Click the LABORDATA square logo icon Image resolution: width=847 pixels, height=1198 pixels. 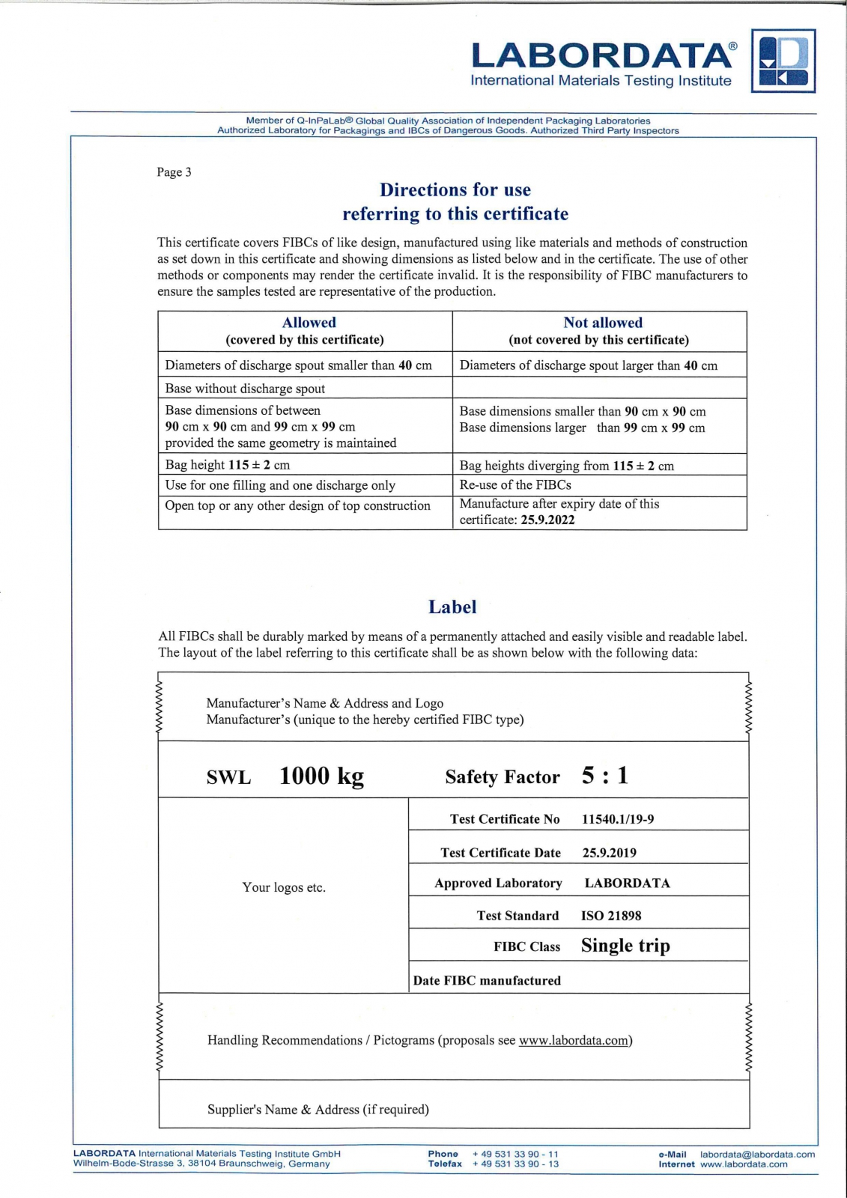click(783, 61)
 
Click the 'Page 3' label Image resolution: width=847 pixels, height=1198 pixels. click(174, 172)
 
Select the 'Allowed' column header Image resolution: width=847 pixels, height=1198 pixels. click(309, 323)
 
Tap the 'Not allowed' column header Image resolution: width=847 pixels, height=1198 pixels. click(603, 323)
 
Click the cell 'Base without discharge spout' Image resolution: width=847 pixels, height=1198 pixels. click(245, 389)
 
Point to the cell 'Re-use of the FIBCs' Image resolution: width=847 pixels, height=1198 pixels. click(515, 484)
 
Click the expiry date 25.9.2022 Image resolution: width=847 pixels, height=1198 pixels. click(547, 520)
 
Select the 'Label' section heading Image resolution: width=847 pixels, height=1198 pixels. click(452, 606)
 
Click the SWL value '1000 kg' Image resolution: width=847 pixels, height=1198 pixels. click(321, 776)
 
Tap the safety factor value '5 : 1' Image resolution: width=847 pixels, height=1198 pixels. click(605, 776)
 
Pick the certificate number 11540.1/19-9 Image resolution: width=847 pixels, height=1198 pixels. click(618, 819)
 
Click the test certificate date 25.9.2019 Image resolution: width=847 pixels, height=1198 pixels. click(610, 853)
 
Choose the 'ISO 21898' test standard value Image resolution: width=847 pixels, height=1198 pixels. click(611, 916)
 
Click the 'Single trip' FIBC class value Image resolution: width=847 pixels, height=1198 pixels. click(625, 946)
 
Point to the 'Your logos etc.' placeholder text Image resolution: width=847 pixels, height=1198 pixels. click(284, 887)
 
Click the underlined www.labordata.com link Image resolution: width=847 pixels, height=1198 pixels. click(574, 1040)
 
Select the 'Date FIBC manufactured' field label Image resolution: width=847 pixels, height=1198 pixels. click(487, 981)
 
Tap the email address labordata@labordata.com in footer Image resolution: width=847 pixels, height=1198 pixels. click(757, 1155)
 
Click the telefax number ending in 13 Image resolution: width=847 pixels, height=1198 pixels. click(515, 1164)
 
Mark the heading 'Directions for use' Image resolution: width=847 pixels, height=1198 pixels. click(455, 190)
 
